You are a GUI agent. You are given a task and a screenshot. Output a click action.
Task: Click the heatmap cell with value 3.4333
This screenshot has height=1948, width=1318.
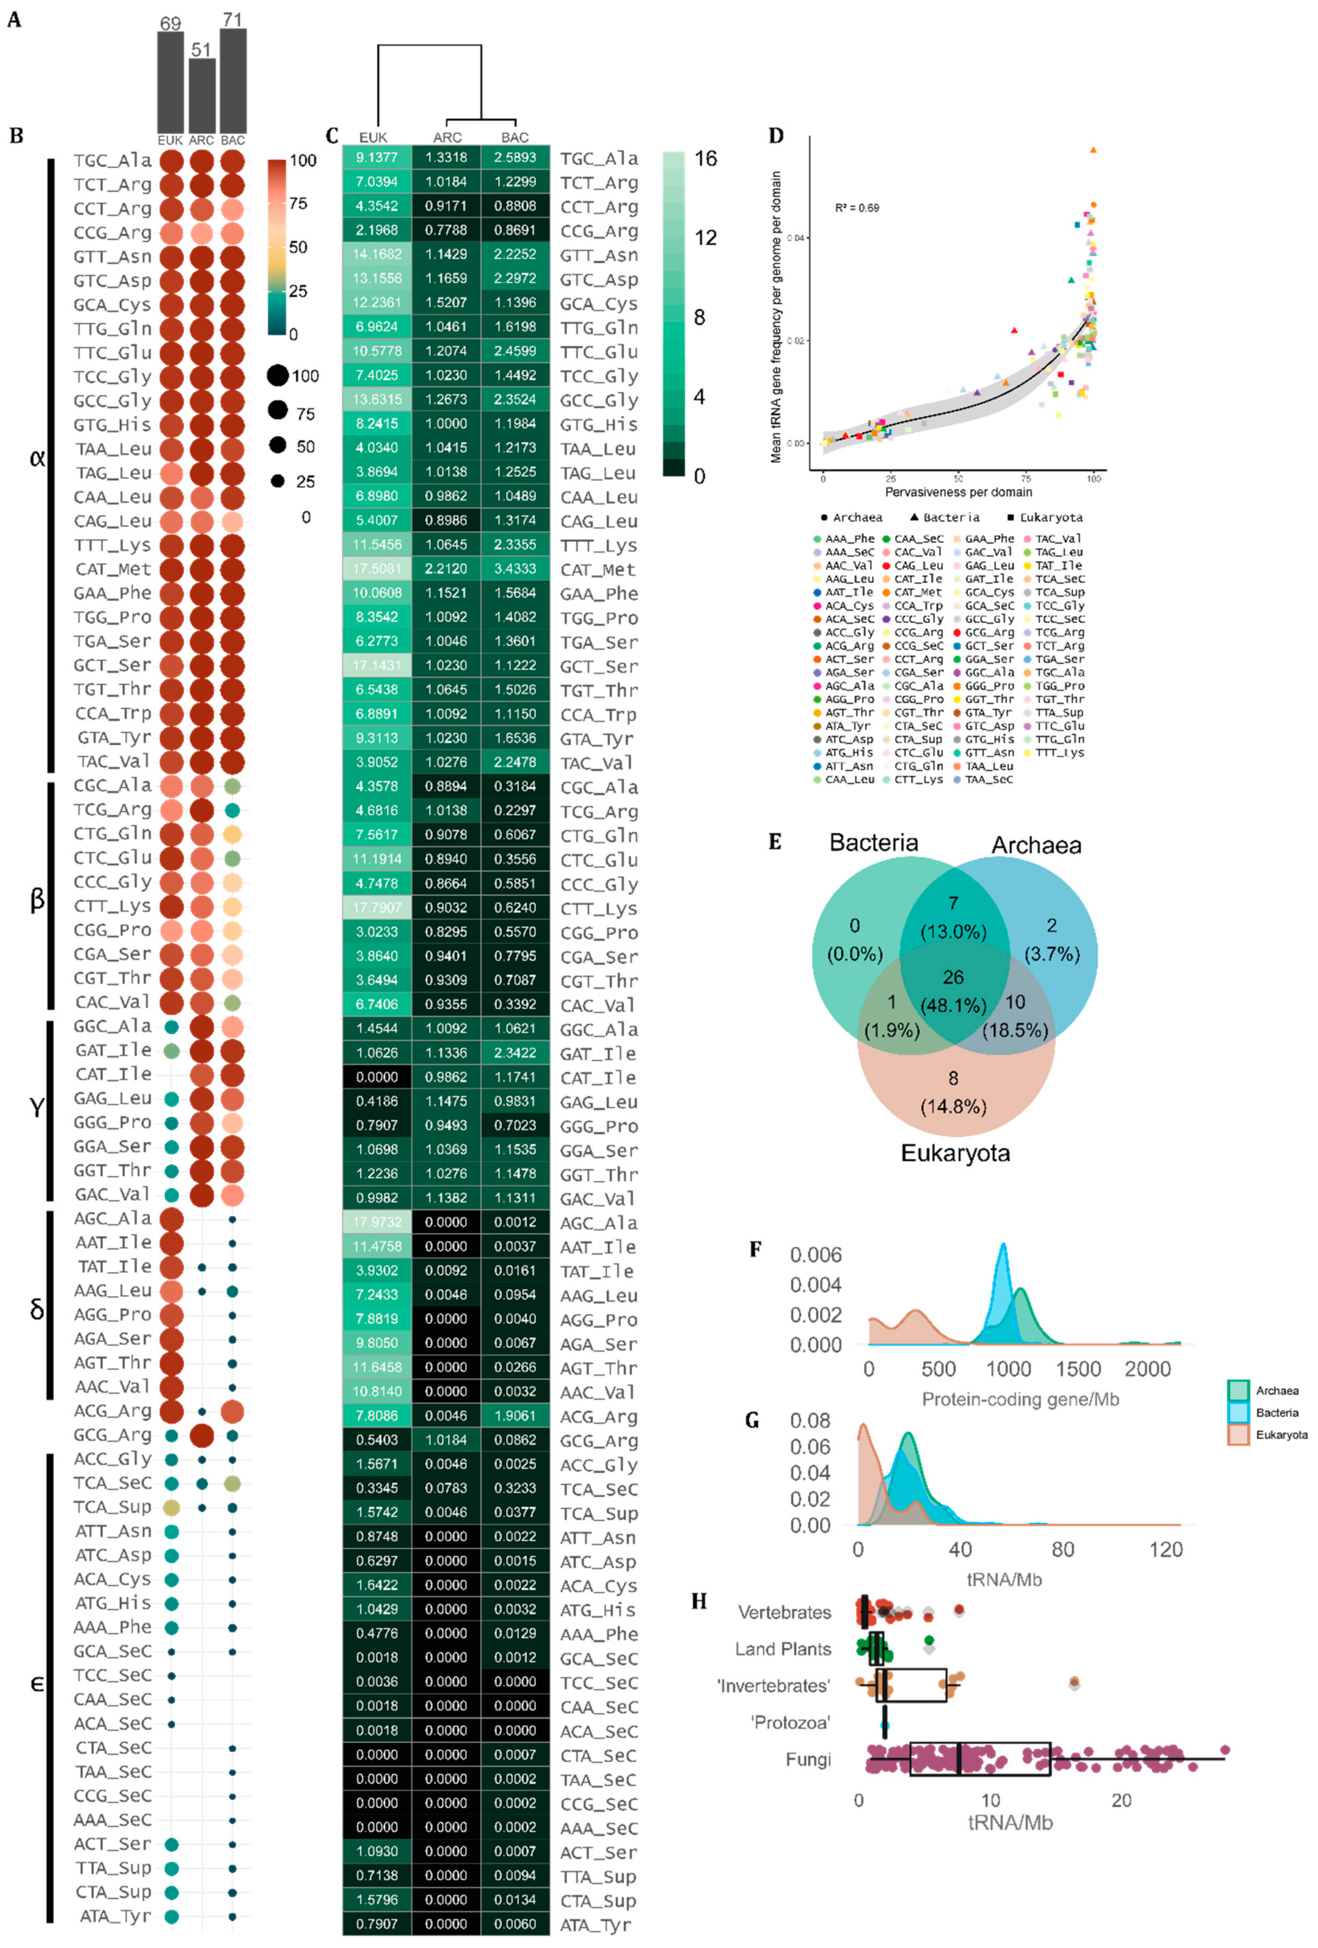515,569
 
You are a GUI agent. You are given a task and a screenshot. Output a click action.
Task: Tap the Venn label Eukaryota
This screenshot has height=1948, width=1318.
955,1154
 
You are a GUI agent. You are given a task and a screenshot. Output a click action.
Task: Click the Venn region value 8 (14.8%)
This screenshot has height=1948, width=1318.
953,1092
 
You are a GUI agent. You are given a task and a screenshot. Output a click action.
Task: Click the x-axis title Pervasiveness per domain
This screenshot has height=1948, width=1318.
958,492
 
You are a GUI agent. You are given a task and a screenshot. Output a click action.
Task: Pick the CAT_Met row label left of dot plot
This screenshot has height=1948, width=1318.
113,569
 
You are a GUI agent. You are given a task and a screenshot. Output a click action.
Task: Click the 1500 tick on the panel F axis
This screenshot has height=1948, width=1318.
1077,1369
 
